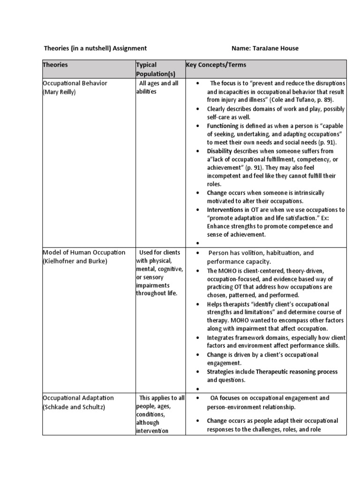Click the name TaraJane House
(275, 48)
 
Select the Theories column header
(55, 65)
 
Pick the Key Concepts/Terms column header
(216, 65)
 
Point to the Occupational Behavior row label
(75, 83)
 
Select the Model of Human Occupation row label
(84, 253)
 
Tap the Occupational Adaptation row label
(78, 398)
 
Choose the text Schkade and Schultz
(74, 407)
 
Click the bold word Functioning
(223, 126)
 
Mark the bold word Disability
(220, 151)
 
